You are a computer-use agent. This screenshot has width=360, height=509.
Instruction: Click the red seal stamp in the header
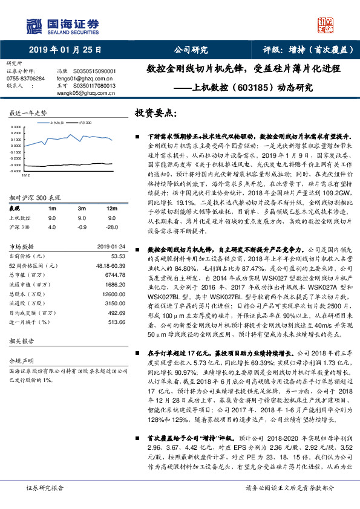pyautogui.click(x=327, y=24)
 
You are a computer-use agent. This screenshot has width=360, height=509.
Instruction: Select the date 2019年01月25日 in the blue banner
pyautogui.click(x=65, y=50)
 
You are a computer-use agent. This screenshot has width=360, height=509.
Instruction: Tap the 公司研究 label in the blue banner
pyautogui.click(x=191, y=50)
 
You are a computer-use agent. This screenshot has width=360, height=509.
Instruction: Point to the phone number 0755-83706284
pyautogui.click(x=25, y=79)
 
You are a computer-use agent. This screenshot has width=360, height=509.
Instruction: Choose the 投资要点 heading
pyautogui.click(x=155, y=113)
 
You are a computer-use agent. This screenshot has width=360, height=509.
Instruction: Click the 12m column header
pyautogui.click(x=111, y=209)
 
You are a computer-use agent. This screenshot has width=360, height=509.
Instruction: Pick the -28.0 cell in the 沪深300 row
pyautogui.click(x=110, y=227)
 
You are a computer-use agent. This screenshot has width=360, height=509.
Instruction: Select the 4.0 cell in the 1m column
pyautogui.click(x=51, y=227)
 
